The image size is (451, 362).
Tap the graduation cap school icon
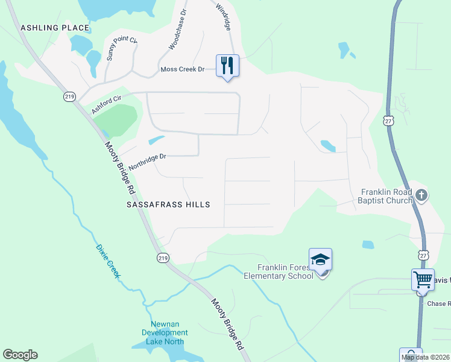(x=320, y=260)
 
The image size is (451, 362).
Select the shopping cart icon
(x=423, y=280)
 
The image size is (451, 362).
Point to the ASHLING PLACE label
(x=55, y=28)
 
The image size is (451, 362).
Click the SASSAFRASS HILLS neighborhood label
(x=168, y=205)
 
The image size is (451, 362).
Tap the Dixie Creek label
(x=109, y=261)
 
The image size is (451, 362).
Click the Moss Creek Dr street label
(x=187, y=69)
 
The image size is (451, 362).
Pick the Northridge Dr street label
(x=147, y=161)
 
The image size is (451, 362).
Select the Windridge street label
(x=222, y=14)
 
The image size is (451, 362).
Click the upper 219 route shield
(x=68, y=97)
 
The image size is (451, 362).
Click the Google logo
(x=20, y=355)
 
